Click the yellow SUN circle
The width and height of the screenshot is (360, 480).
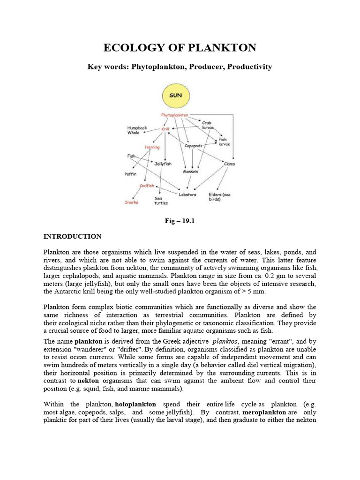176,96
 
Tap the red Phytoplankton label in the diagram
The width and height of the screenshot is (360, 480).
174,115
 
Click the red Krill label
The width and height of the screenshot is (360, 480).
165,129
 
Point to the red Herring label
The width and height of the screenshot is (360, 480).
152,147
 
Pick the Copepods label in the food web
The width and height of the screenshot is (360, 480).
193,146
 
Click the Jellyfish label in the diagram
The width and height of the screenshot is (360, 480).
163,164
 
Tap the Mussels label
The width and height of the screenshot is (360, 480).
191,172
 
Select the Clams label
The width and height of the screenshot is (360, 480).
229,164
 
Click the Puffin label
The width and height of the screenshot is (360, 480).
130,174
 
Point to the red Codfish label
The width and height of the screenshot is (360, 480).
147,186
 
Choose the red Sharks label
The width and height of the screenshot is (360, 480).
132,202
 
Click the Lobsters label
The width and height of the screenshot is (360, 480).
187,194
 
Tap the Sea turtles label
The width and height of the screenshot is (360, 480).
161,201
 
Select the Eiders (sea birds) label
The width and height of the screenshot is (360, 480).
219,196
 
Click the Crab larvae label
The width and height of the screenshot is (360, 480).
207,125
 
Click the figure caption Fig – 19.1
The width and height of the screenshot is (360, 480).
180,221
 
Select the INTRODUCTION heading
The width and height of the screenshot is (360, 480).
72,236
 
